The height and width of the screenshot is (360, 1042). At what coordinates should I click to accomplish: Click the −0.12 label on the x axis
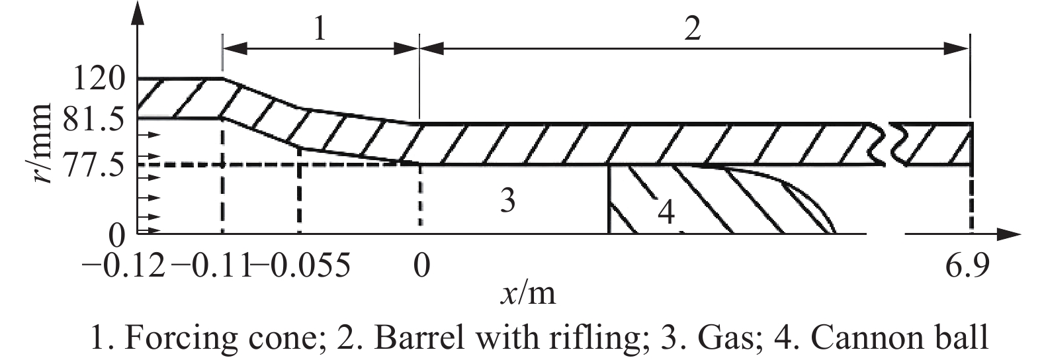click(x=123, y=268)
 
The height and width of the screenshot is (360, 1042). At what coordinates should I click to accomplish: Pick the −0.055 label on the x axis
click(x=300, y=268)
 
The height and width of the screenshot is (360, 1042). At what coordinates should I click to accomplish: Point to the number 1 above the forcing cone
click(x=320, y=30)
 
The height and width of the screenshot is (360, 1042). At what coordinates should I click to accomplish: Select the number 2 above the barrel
click(x=692, y=30)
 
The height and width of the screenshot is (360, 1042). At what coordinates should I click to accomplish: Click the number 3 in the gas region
click(x=507, y=201)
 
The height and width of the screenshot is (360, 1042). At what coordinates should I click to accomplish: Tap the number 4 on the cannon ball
click(x=666, y=213)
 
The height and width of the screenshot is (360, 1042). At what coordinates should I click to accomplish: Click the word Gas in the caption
click(x=742, y=338)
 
